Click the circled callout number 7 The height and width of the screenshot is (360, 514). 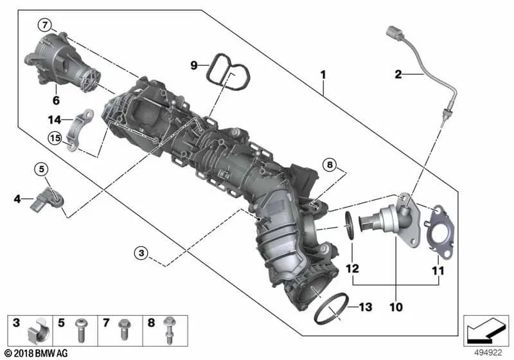[x=44, y=26]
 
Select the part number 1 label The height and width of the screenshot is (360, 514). [x=324, y=75]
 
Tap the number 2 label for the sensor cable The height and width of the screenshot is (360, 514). [x=398, y=75]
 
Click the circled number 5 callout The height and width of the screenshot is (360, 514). [x=42, y=170]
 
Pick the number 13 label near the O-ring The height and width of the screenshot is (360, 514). [x=364, y=307]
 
